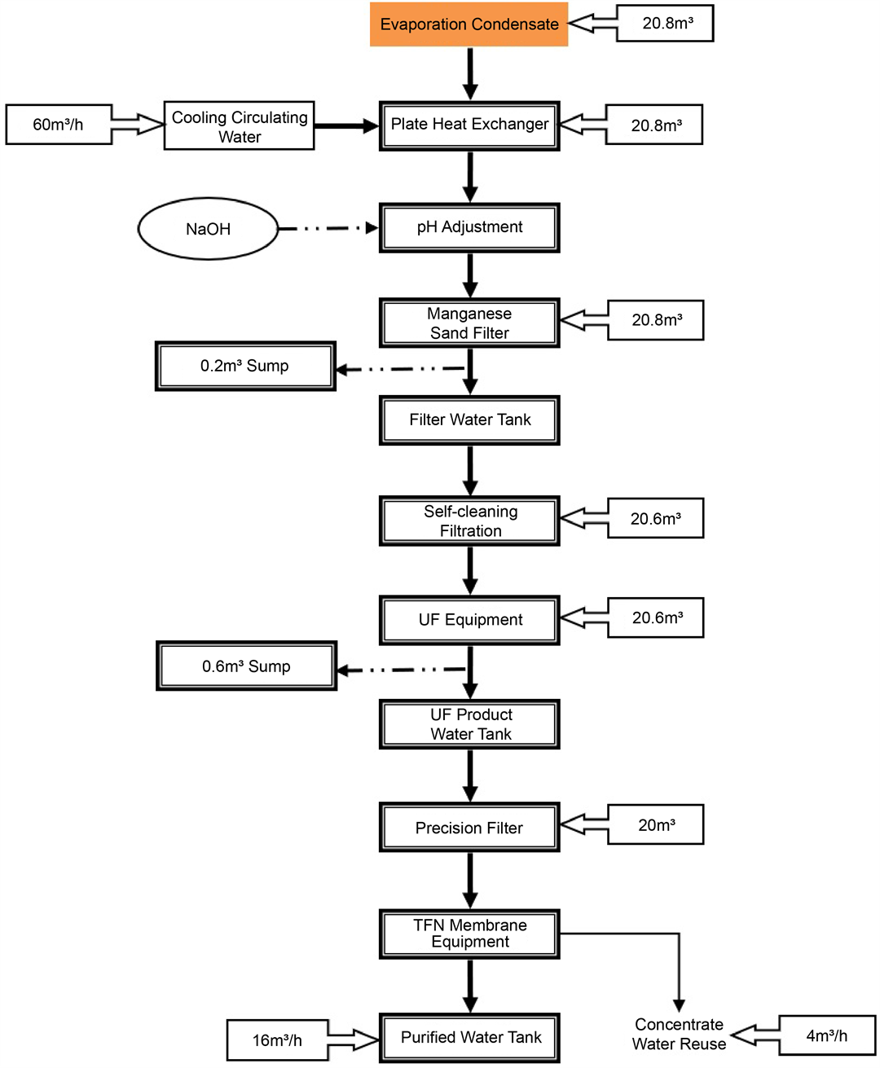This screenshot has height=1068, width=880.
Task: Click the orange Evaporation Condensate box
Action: [469, 24]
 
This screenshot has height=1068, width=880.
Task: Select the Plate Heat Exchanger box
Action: [469, 125]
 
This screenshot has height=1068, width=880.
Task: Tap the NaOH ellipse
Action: [208, 229]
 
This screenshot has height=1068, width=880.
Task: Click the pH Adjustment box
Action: [469, 227]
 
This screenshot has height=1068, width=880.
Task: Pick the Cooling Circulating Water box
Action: [240, 126]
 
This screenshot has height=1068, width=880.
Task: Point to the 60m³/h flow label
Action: [59, 125]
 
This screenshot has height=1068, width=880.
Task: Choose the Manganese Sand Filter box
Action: [469, 323]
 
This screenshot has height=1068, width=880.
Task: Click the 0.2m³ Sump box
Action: [245, 367]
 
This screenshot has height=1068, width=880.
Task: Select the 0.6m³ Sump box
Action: [246, 666]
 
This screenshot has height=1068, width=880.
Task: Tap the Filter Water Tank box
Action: [469, 420]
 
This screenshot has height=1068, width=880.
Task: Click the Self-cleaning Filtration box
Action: [469, 521]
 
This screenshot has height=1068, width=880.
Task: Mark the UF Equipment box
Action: [469, 620]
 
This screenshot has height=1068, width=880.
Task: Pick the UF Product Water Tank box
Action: [469, 724]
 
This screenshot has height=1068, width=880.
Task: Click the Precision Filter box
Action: [469, 828]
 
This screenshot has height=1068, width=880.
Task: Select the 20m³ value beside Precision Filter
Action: [656, 825]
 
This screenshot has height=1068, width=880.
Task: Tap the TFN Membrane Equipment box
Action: [469, 934]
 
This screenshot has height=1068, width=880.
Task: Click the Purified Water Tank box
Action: [469, 1037]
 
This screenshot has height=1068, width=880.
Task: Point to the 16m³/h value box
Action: [277, 1040]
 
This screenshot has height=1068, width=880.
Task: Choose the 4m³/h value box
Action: [827, 1036]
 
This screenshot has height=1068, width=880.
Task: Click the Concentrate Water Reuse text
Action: [679, 1035]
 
